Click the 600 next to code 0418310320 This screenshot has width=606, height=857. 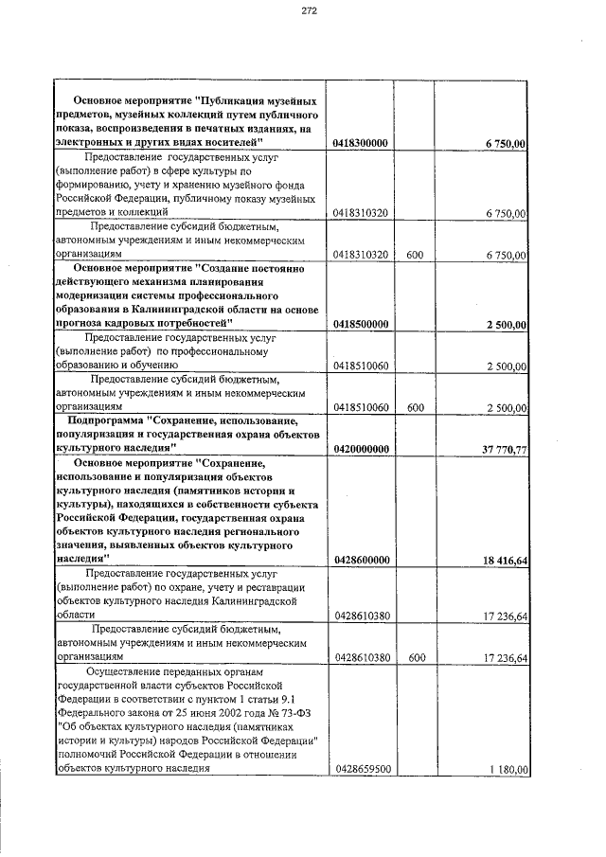pyautogui.click(x=414, y=255)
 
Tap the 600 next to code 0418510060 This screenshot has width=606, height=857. pyautogui.click(x=414, y=407)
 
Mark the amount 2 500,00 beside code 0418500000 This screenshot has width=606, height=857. pyautogui.click(x=506, y=324)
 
